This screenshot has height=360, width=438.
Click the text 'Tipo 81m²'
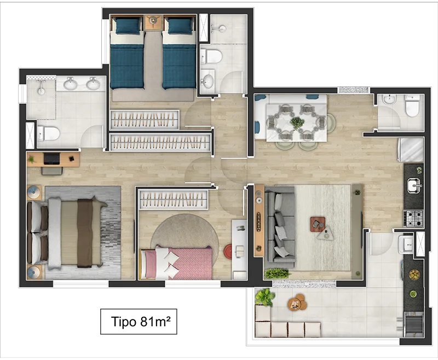pyautogui.click(x=141, y=322)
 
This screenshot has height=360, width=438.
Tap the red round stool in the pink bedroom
pyautogui.click(x=228, y=251)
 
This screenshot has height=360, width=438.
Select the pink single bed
pyautogui.click(x=176, y=263)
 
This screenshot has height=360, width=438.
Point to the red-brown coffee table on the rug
pyautogui.click(x=318, y=224)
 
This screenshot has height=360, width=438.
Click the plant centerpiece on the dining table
pyautogui.click(x=297, y=123)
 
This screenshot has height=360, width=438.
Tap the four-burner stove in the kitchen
pyautogui.click(x=413, y=218)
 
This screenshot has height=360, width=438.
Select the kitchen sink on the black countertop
pyautogui.click(x=414, y=185)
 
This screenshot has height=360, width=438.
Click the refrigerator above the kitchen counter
pyautogui.click(x=410, y=150)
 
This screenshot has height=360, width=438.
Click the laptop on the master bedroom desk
pyautogui.click(x=51, y=159)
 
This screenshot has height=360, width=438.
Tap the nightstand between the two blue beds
pyautogui.click(x=153, y=22)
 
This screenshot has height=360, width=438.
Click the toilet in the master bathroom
pyautogui.click(x=48, y=133)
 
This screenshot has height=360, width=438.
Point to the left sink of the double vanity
pyautogui.click(x=71, y=84)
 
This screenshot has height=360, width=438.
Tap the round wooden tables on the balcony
pyautogui.click(x=297, y=302)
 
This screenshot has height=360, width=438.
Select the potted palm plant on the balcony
pyautogui.click(x=264, y=297)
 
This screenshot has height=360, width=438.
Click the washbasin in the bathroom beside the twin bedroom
pyautogui.click(x=208, y=80)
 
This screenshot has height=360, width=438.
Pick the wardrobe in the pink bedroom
pyautogui.click(x=174, y=199)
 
